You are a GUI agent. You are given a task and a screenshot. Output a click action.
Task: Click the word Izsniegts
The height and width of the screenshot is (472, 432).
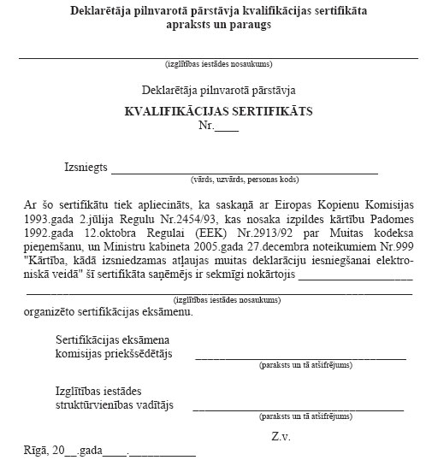pos(86,168)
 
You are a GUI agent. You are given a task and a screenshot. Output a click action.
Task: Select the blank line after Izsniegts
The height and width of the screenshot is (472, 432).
pos(245,171)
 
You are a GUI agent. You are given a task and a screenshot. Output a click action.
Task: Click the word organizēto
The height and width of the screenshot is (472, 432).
pos(52,310)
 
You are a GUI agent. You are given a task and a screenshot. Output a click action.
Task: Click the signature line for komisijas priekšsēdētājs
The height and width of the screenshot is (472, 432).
pos(299,356)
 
